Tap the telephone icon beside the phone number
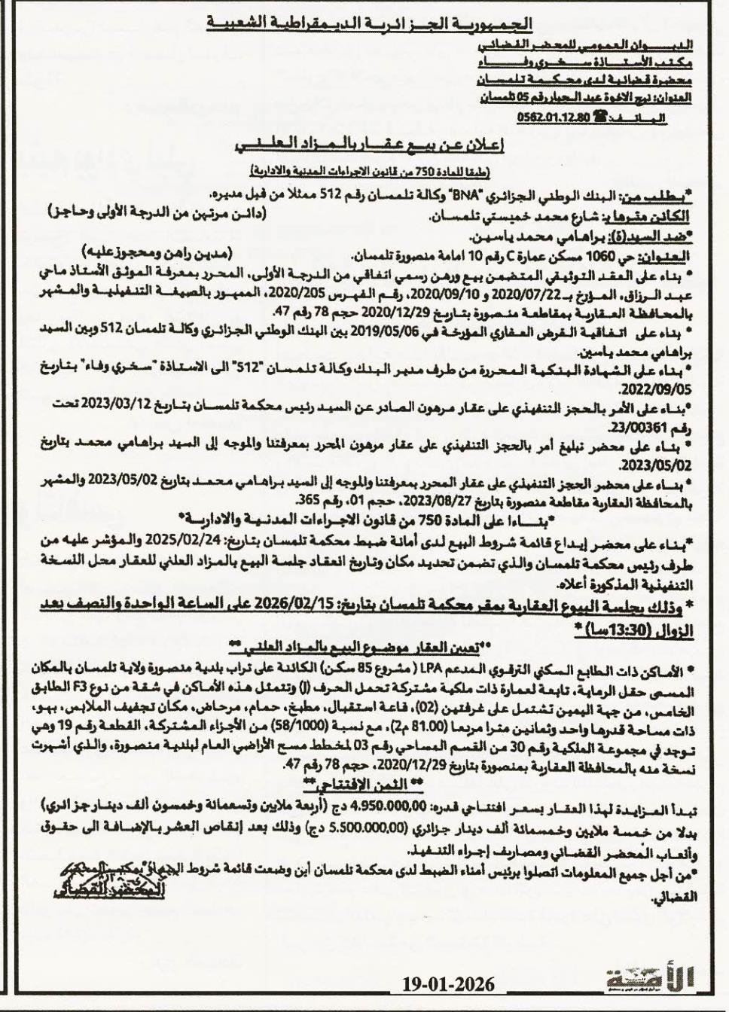tap(600, 115)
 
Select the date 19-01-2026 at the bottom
tap(448, 984)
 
